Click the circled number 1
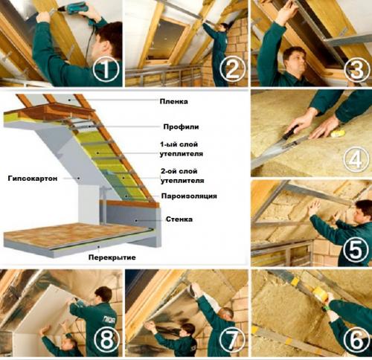tap(106, 70)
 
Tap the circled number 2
tap(232, 69)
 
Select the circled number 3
tap(356, 69)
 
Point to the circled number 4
tap(356, 159)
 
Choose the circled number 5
tap(356, 249)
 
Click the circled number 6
tap(356, 340)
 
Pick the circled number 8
tap(106, 340)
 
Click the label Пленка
tap(173, 101)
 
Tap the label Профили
tap(181, 127)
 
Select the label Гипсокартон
tap(33, 179)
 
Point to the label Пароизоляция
tap(189, 196)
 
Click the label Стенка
tap(179, 219)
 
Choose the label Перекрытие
tap(112, 257)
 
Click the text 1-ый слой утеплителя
tap(182, 149)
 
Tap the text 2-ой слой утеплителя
tap(182, 176)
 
